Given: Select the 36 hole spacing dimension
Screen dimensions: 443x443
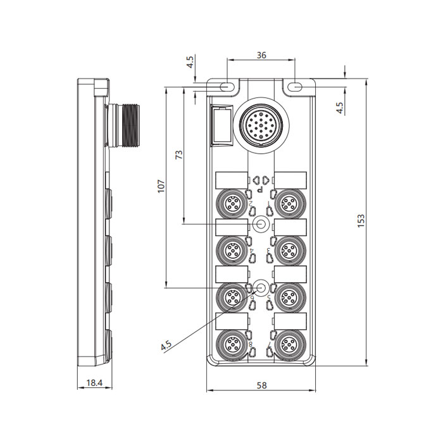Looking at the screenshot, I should click(x=261, y=55).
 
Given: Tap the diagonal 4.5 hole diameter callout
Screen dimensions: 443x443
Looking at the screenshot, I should click(x=167, y=345).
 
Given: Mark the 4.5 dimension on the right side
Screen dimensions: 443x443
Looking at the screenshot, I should click(x=340, y=108).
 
